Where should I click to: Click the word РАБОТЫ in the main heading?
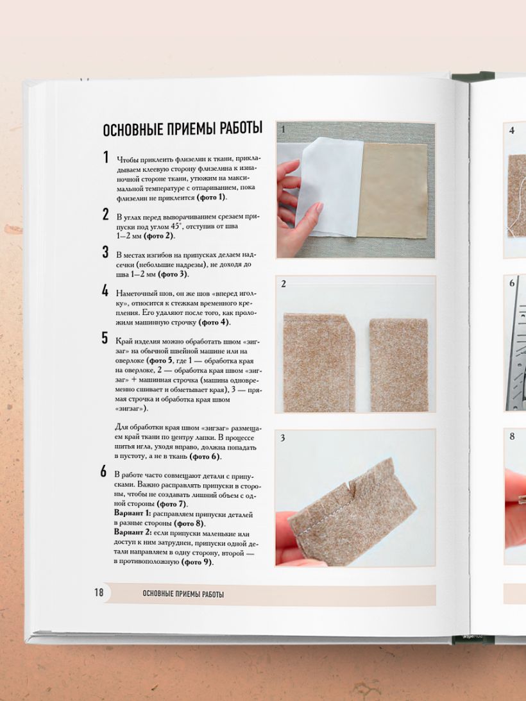(x=241, y=128)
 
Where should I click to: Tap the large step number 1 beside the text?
(x=106, y=157)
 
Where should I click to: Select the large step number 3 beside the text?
(x=105, y=252)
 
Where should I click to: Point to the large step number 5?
(x=105, y=338)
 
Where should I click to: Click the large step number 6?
(x=104, y=471)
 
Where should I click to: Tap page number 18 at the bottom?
(x=99, y=593)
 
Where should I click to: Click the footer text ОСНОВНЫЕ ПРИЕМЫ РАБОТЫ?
(x=183, y=594)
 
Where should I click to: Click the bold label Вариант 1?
(x=133, y=514)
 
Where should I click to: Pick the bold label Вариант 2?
(x=133, y=534)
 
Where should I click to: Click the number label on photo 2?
(x=283, y=284)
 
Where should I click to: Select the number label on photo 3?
(x=283, y=438)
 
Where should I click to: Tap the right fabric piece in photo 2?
(x=398, y=365)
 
